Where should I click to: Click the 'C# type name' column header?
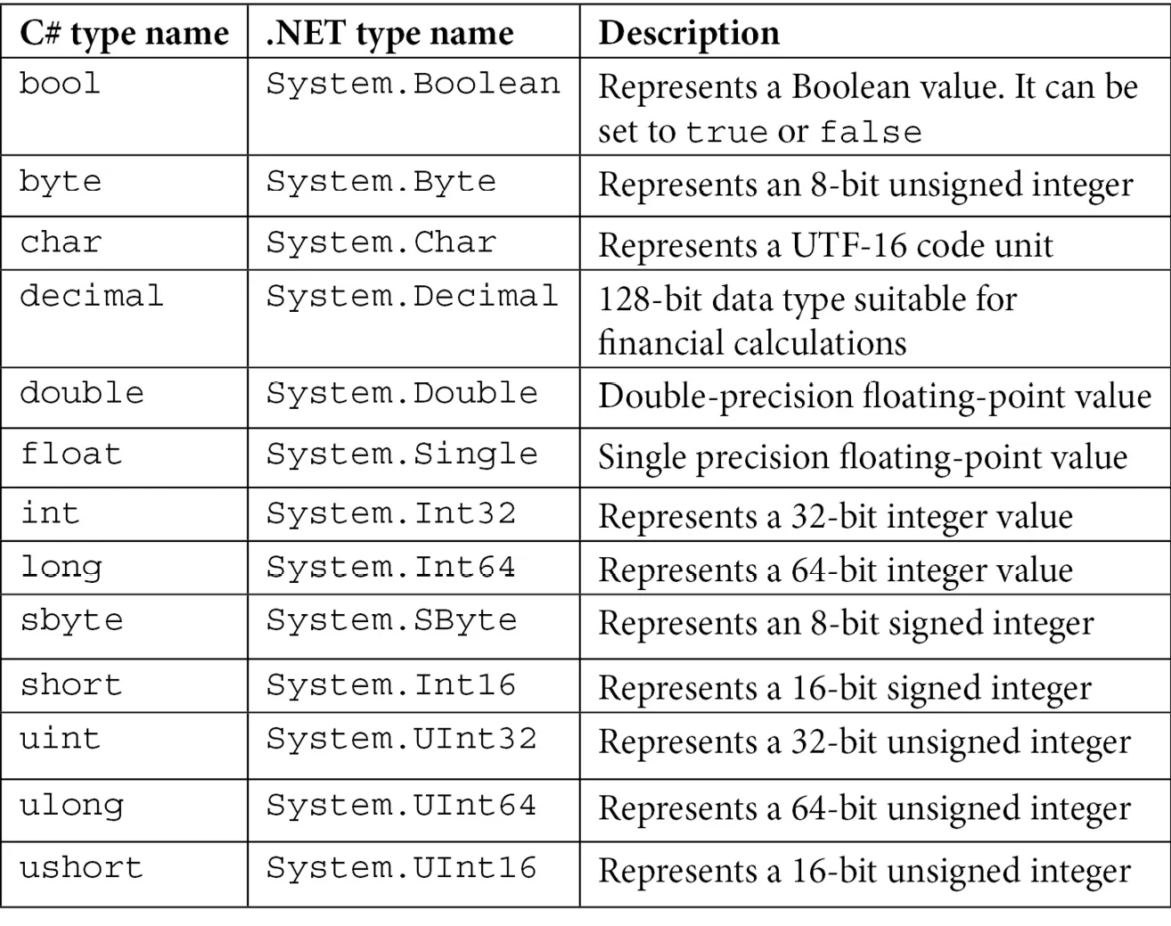pos(124,34)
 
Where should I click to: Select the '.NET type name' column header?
pos(389,34)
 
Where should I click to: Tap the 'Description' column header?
pos(689,34)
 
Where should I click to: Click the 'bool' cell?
pos(60,84)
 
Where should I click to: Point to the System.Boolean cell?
pos(413,85)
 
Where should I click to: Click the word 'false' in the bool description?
pos(871,132)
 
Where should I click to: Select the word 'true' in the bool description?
pos(726,133)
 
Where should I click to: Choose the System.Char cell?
pos(381,242)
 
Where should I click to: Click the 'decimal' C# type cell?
pos(92,296)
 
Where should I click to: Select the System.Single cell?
pos(402,454)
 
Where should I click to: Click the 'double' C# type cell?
pos(82,393)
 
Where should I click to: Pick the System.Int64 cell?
pos(390,567)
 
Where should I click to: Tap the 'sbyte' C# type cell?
pos(71,620)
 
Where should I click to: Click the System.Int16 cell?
pos(390,684)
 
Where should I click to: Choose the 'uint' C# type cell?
pos(60,739)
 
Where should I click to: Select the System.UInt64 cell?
pos(402,806)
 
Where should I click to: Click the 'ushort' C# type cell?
pos(81,868)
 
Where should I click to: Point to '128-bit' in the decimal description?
pos(651,299)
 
